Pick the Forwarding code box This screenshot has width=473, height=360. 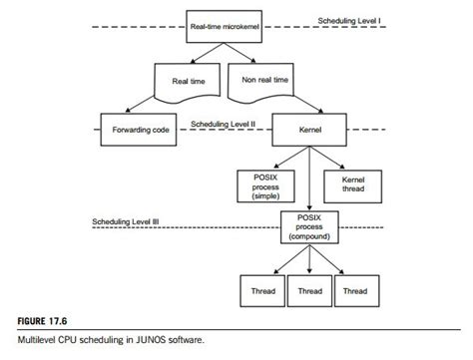pyautogui.click(x=139, y=130)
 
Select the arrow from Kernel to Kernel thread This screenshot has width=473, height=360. pyautogui.click(x=335, y=156)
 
